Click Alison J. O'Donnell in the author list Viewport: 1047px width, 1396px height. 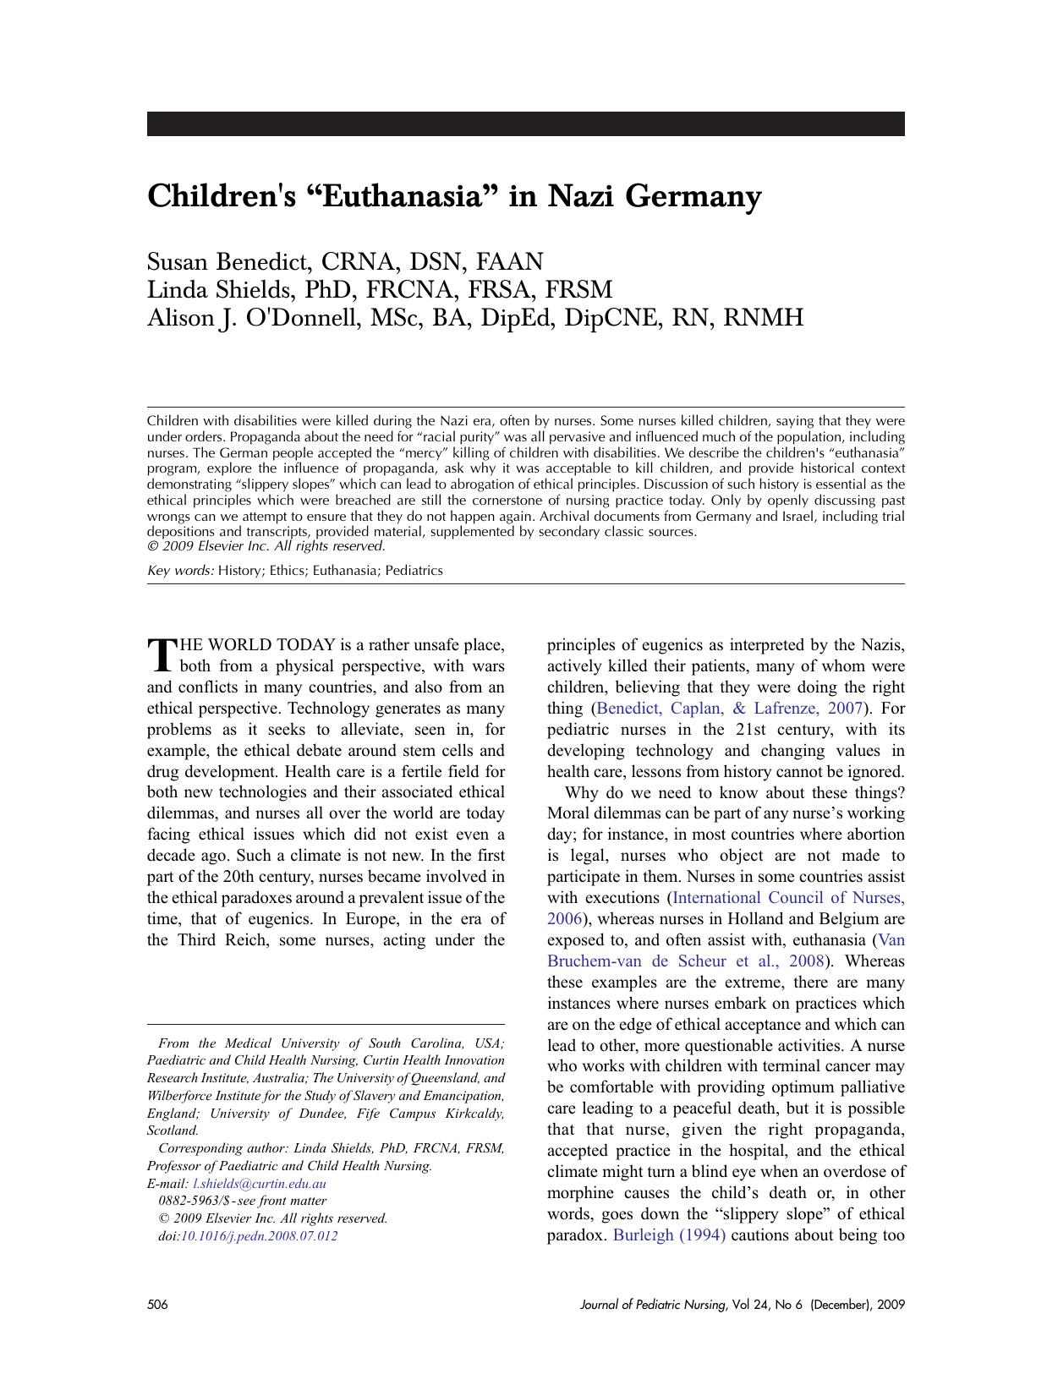coord(252,318)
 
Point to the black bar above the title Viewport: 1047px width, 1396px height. coord(525,123)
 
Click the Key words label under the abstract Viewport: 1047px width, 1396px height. coord(180,571)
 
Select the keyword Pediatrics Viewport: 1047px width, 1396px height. coord(414,571)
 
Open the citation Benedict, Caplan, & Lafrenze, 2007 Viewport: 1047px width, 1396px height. coord(729,709)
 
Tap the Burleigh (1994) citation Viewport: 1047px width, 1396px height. coord(668,1235)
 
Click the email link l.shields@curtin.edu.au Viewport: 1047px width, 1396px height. coord(260,1184)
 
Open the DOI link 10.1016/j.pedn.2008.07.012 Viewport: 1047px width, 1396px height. coord(259,1235)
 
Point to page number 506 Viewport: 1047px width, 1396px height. coord(157,1305)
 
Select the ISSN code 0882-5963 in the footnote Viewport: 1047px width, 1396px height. coord(184,1201)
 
